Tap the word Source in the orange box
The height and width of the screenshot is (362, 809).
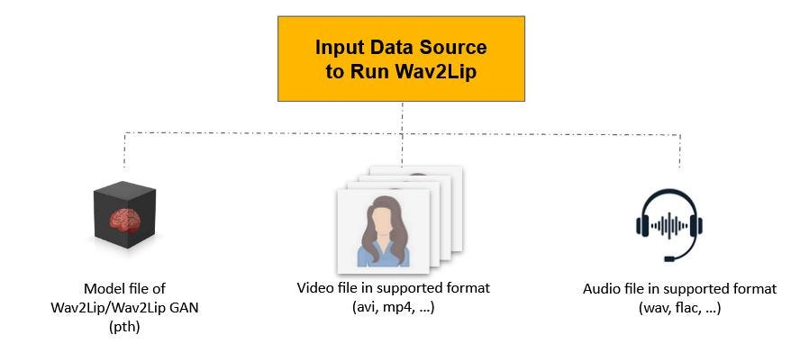454,47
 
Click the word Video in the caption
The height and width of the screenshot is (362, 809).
314,288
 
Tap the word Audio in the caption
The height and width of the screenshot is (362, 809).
601,289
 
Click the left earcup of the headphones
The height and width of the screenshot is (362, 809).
642,227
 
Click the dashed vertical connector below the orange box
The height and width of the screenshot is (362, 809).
402,117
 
